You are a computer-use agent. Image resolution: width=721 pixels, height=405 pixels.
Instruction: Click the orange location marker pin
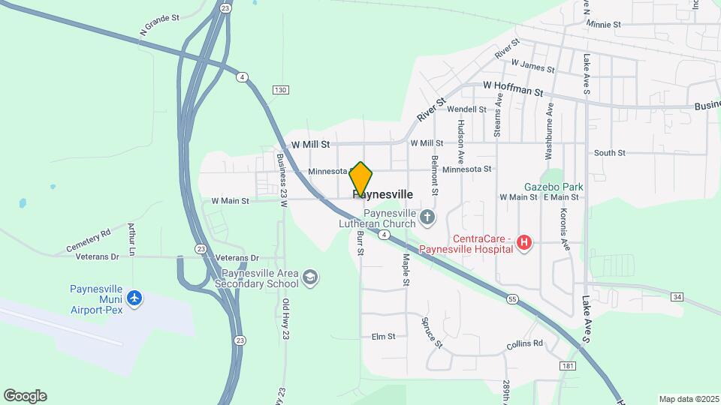click(x=361, y=178)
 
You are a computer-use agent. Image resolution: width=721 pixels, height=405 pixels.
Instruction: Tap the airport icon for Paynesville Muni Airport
click(x=134, y=298)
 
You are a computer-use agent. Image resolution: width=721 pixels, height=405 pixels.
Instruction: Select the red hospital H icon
click(x=525, y=243)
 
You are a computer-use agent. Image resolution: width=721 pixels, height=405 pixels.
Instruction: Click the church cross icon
click(x=427, y=218)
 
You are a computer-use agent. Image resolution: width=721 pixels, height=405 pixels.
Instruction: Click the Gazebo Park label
click(x=554, y=186)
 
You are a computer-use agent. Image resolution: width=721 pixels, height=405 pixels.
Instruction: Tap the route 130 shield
click(x=280, y=90)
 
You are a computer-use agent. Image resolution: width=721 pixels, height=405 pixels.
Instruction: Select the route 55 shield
click(x=512, y=299)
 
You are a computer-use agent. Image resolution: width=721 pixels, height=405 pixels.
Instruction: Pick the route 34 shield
click(x=677, y=298)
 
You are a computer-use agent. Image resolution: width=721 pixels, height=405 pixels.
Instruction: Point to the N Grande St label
click(x=160, y=25)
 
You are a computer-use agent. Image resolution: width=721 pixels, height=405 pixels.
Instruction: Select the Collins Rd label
click(x=524, y=343)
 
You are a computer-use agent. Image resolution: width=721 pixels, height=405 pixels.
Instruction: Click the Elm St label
click(x=383, y=337)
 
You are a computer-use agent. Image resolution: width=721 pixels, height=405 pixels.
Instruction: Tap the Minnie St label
click(x=604, y=25)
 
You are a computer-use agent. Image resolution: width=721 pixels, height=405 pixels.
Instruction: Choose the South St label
click(x=609, y=153)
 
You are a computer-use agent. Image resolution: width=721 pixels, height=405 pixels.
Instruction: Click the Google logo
click(x=25, y=396)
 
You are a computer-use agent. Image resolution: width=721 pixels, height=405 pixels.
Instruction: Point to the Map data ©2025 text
click(x=689, y=399)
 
